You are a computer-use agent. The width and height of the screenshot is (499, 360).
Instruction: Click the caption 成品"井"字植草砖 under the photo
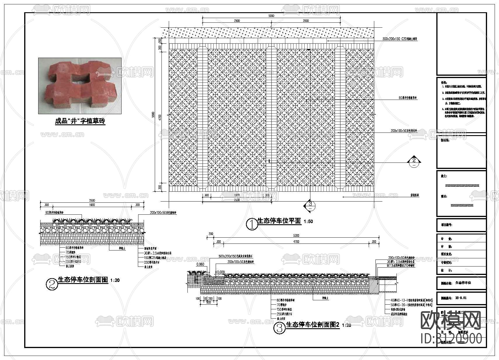point(80,121)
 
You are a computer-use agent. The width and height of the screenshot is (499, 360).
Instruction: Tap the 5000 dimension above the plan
point(271,16)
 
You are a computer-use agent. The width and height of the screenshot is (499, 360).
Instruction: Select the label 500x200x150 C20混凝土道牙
point(400,39)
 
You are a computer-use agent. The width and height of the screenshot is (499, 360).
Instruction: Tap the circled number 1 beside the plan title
point(252,224)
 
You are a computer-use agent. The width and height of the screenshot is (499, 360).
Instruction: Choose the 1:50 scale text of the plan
point(308,222)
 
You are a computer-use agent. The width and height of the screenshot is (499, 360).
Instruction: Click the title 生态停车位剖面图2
point(313,325)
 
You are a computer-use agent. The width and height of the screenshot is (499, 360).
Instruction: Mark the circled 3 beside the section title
point(280,328)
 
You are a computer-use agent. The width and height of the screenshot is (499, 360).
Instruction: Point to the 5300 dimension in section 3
point(296,235)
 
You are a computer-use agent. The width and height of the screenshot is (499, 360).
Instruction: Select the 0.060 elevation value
point(200,264)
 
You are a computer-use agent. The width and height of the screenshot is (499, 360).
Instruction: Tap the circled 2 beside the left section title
point(52,284)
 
